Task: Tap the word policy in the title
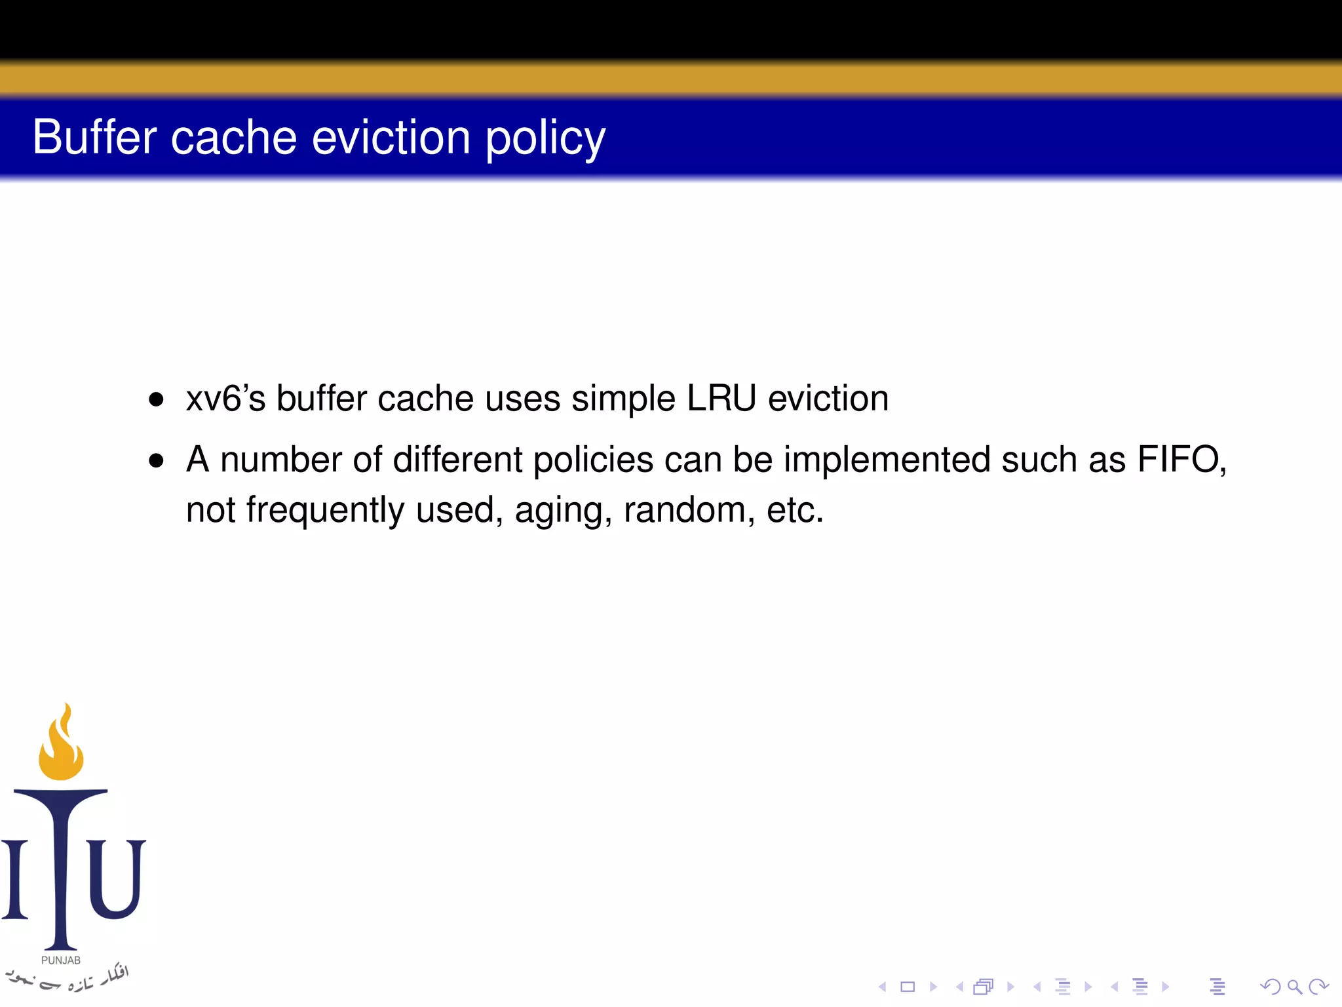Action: pos(545,139)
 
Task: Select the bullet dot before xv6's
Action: pos(156,399)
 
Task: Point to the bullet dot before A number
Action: pos(156,460)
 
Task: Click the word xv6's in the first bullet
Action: pos(225,398)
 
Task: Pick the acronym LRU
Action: pos(721,398)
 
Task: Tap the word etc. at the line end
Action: pos(795,510)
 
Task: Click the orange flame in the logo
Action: pos(61,744)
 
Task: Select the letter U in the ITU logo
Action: pos(116,879)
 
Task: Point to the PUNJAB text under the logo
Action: pos(61,960)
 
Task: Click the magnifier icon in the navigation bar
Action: pos(1294,987)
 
